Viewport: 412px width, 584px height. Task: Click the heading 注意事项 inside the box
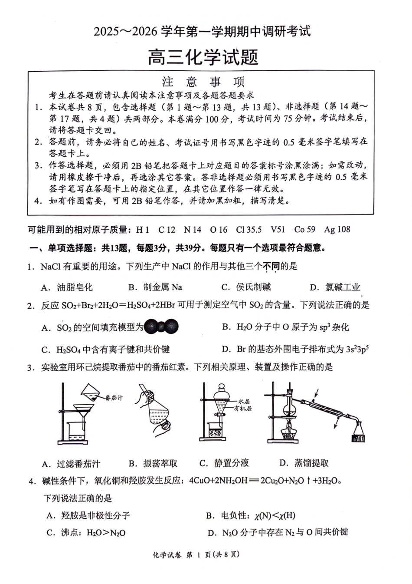click(x=203, y=82)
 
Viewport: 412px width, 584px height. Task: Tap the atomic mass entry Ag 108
click(x=337, y=230)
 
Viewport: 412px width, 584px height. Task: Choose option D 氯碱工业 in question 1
click(x=335, y=287)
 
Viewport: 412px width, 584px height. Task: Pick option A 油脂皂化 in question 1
click(x=67, y=287)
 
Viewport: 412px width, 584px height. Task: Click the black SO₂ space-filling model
click(x=161, y=327)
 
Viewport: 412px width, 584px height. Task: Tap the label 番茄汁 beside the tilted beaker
click(x=114, y=397)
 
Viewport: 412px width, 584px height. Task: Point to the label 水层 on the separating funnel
click(x=244, y=402)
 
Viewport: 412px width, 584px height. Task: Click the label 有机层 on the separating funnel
click(x=243, y=409)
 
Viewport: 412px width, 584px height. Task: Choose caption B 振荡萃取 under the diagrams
click(x=153, y=463)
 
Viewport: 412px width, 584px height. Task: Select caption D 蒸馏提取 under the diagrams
click(x=304, y=463)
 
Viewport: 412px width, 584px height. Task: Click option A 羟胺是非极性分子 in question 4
click(x=88, y=515)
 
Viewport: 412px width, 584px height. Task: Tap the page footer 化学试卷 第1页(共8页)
click(x=196, y=554)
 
